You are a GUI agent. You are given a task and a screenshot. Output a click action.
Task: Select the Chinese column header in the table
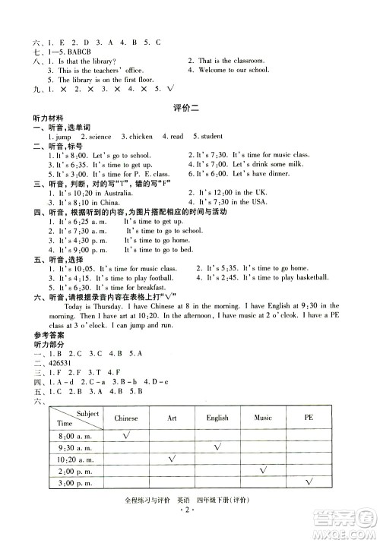pos(126,418)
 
